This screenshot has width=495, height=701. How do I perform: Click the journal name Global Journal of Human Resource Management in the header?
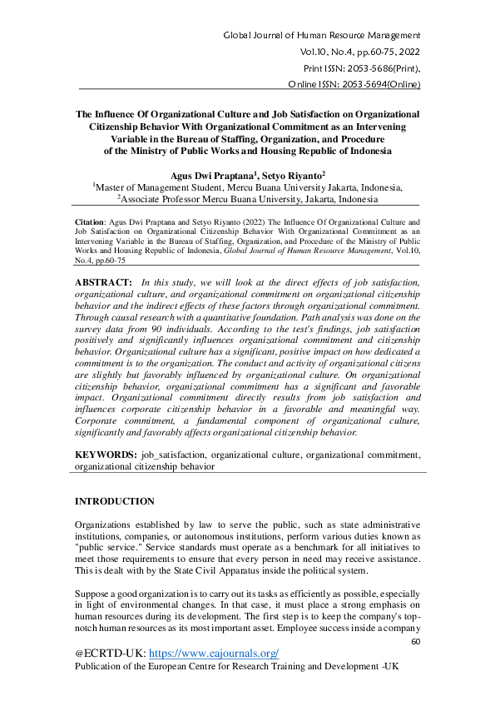322,37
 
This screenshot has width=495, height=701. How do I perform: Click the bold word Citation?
92,224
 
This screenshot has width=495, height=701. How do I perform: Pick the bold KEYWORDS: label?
106,455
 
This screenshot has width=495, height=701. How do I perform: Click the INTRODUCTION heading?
115,501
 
